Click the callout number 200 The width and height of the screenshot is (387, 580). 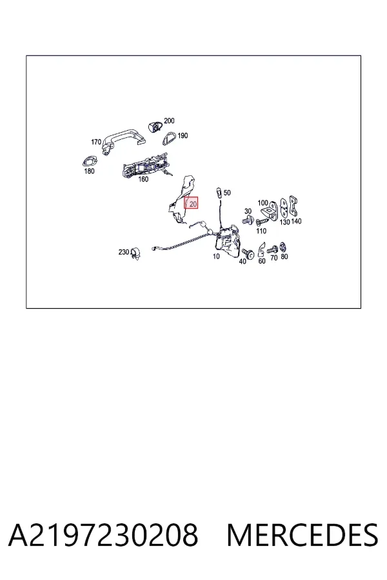(x=169, y=121)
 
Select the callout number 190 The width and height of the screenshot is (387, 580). (x=183, y=136)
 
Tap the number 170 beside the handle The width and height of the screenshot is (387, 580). (x=96, y=142)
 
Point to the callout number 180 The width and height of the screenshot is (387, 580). (x=89, y=171)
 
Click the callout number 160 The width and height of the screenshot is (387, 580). (x=143, y=179)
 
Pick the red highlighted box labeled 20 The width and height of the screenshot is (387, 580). (x=191, y=202)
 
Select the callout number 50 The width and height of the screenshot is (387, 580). (x=227, y=193)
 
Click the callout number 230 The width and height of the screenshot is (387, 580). (x=124, y=252)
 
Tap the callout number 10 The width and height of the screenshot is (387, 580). (x=216, y=256)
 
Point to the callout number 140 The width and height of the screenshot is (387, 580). (x=296, y=221)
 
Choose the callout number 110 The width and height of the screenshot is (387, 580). (x=261, y=231)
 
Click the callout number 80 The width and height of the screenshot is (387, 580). (x=284, y=256)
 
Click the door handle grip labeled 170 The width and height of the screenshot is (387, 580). (x=124, y=139)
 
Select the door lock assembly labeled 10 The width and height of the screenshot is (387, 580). (x=228, y=240)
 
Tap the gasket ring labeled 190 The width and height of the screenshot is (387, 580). (x=170, y=139)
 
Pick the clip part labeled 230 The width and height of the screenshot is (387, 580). (x=135, y=254)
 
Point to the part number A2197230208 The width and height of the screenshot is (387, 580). (x=103, y=535)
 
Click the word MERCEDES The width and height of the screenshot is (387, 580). (x=303, y=535)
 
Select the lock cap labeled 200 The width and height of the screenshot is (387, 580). (x=155, y=126)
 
